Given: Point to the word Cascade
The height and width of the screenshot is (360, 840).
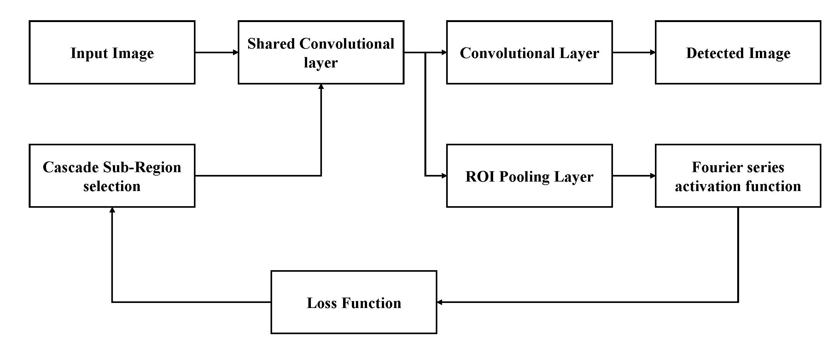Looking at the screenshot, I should [70, 167].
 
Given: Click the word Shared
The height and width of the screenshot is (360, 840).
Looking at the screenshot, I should [271, 44].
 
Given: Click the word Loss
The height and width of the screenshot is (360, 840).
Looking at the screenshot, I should [322, 303].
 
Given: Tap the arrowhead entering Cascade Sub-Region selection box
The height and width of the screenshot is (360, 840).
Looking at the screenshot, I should [112, 210].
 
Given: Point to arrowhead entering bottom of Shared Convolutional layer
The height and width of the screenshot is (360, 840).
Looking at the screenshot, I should [321, 86].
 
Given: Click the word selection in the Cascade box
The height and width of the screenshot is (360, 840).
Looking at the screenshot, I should [112, 187].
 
